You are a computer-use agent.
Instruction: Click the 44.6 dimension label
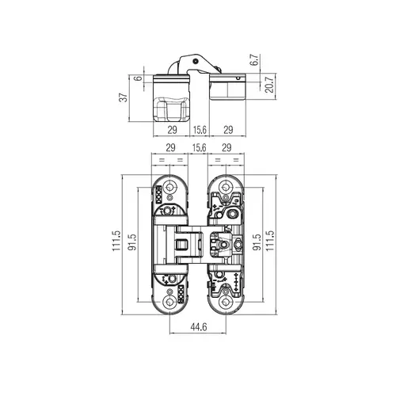(199, 327)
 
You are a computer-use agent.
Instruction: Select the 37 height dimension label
(124, 97)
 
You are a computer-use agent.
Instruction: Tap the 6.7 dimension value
(255, 60)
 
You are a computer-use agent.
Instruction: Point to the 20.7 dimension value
(269, 85)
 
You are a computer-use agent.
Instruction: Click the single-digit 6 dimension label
(139, 78)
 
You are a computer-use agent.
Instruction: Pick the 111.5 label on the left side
(116, 241)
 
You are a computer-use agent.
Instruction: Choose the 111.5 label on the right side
(270, 241)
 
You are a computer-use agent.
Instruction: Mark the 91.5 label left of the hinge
(132, 242)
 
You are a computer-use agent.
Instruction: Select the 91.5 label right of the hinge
(257, 242)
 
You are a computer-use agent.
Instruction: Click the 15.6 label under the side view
(200, 130)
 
